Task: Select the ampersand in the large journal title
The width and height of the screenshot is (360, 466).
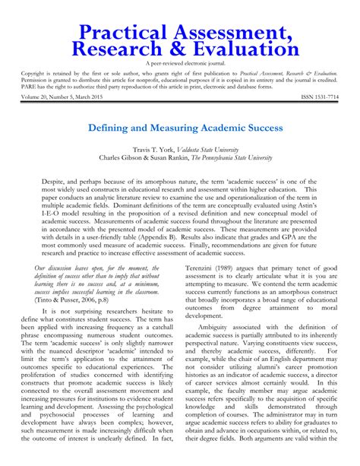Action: click(163, 49)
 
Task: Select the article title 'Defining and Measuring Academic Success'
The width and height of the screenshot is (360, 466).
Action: click(180, 128)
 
